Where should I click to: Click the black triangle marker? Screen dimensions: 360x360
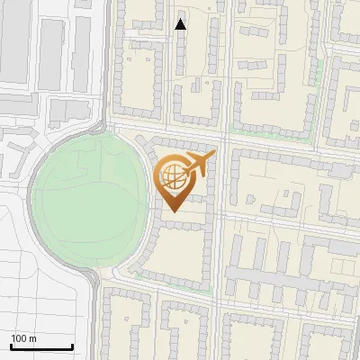(x=181, y=24)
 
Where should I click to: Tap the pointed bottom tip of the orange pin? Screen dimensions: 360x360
(x=172, y=211)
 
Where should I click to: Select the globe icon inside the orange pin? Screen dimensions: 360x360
(x=172, y=177)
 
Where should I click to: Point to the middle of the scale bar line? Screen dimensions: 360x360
(x=41, y=346)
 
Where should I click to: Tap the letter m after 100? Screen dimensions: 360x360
(x=33, y=338)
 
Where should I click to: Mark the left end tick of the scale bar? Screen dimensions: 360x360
(x=11, y=346)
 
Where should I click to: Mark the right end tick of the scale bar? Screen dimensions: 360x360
(x=72, y=346)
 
